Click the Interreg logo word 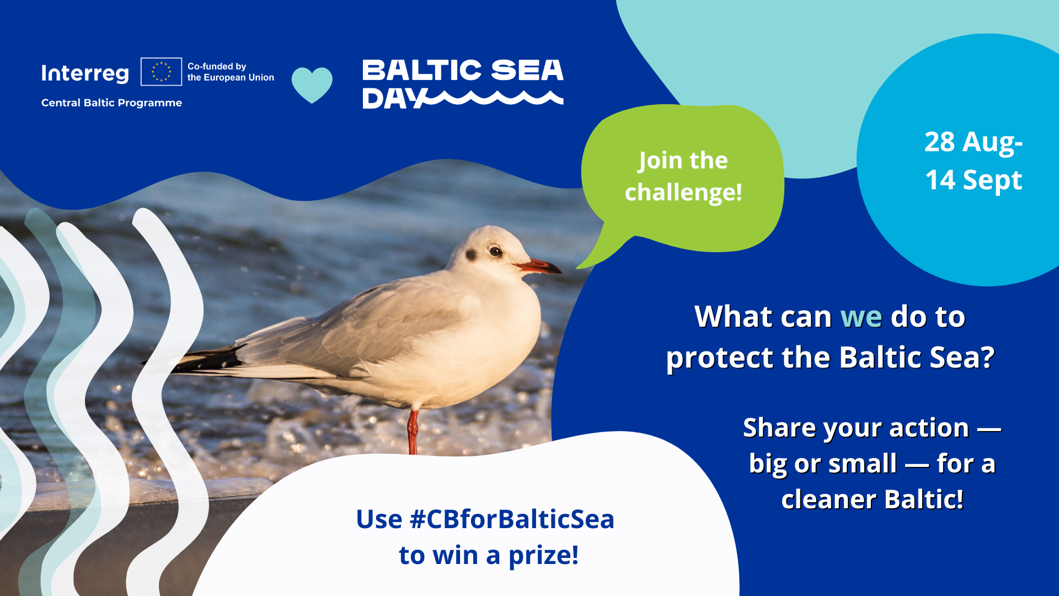pyautogui.click(x=85, y=73)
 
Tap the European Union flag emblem pyautogui.click(x=161, y=72)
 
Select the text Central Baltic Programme pyautogui.click(x=111, y=103)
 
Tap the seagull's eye pyautogui.click(x=495, y=252)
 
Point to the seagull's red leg pyautogui.click(x=413, y=432)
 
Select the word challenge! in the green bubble pyautogui.click(x=683, y=193)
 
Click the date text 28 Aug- pyautogui.click(x=974, y=142)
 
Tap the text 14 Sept pyautogui.click(x=974, y=180)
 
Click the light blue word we pyautogui.click(x=861, y=317)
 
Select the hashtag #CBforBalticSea pyautogui.click(x=512, y=519)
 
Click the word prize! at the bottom pyautogui.click(x=543, y=556)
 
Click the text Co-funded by pyautogui.click(x=217, y=66)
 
